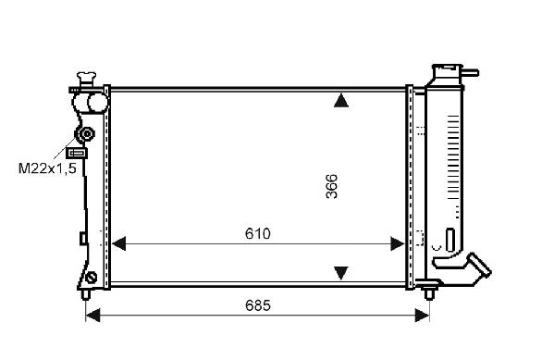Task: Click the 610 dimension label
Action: (x=257, y=234)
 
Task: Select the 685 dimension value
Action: (x=257, y=305)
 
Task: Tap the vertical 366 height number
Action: (x=331, y=186)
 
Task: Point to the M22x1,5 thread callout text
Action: (x=47, y=168)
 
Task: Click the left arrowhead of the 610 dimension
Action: (x=118, y=243)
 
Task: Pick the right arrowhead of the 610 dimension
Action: (x=398, y=243)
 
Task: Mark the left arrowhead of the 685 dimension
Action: (x=92, y=315)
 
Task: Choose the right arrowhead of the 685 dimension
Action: (x=423, y=315)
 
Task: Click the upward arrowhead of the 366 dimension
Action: (x=341, y=100)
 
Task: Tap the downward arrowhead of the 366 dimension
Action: (x=341, y=273)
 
